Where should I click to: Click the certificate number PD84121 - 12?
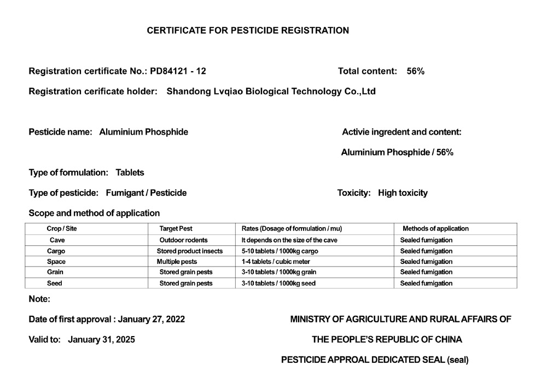click(x=178, y=71)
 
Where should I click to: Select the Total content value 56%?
click(x=416, y=71)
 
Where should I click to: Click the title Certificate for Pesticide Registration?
click(x=248, y=31)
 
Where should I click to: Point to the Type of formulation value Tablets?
click(x=130, y=172)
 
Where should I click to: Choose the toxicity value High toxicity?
click(x=403, y=193)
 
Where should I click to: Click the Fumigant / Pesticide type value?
click(x=146, y=193)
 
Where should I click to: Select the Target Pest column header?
click(x=176, y=228)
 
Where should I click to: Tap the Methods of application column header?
click(x=435, y=228)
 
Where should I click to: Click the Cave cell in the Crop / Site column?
click(x=57, y=240)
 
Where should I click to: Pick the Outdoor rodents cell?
click(x=183, y=240)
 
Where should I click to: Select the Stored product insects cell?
click(x=189, y=251)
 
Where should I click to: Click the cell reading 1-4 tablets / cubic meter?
click(x=276, y=262)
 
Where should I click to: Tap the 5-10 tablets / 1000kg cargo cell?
click(x=280, y=251)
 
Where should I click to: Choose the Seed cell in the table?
click(x=55, y=283)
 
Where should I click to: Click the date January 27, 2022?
click(x=152, y=319)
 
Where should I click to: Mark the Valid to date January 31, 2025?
click(x=101, y=339)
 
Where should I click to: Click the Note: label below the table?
click(x=39, y=299)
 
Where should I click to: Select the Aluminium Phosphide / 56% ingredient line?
click(x=397, y=152)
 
